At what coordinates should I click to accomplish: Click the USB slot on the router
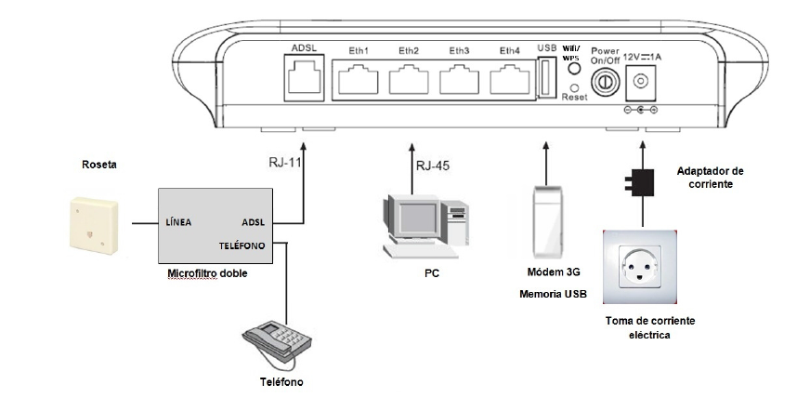point(546,78)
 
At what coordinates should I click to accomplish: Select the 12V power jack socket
point(639,83)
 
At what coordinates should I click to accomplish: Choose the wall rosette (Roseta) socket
point(92,224)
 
